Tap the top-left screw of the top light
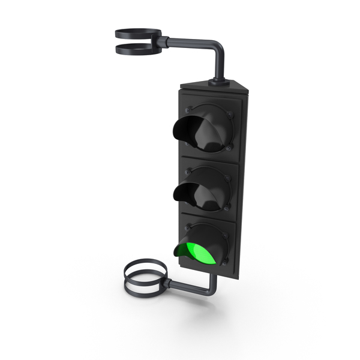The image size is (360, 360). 190,110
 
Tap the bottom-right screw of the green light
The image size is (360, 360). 227,263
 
